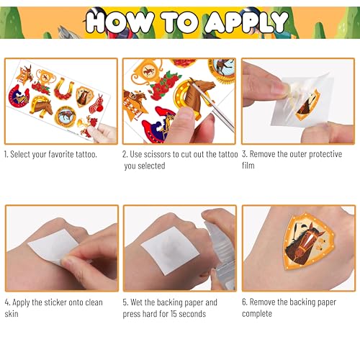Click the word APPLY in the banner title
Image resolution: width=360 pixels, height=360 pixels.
(247, 22)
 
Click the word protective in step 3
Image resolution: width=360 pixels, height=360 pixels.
(325, 154)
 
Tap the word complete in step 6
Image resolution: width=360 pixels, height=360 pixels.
(257, 314)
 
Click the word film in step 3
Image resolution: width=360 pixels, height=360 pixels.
(248, 166)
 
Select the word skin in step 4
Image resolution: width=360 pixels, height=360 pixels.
(12, 314)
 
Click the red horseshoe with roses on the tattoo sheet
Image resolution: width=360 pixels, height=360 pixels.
(64, 89)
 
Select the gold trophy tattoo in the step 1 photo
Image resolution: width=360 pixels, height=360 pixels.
(46, 77)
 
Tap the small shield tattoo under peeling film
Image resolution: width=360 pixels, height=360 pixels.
(307, 105)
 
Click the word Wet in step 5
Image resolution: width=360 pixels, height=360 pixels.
(137, 302)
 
